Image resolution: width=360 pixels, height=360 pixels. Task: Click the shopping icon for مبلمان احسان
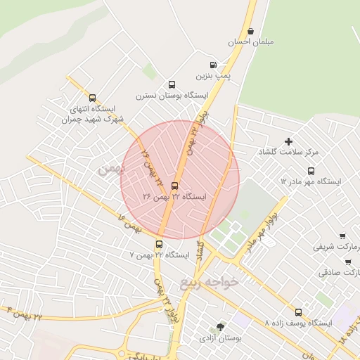251,31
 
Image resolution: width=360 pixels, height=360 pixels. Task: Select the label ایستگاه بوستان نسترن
173,94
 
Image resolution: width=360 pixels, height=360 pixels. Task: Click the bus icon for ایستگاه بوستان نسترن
172,83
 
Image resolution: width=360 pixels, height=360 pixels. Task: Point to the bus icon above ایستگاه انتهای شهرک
92,98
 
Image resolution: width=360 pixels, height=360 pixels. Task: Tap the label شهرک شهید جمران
87,120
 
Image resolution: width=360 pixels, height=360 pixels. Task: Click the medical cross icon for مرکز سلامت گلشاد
288,141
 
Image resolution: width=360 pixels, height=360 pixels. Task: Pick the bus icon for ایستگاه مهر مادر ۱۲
311,170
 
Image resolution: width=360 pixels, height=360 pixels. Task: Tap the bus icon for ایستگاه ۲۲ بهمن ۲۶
175,186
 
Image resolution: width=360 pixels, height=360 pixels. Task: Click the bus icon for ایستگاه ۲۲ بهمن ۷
159,244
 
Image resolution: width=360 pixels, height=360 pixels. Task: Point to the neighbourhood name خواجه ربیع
210,283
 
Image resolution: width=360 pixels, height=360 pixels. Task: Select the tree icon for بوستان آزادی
221,327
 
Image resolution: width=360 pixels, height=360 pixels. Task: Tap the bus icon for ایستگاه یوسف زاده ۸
298,311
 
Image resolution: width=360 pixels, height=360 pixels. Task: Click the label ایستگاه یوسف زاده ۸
298,323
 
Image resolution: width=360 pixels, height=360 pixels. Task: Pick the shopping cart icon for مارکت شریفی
342,236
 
